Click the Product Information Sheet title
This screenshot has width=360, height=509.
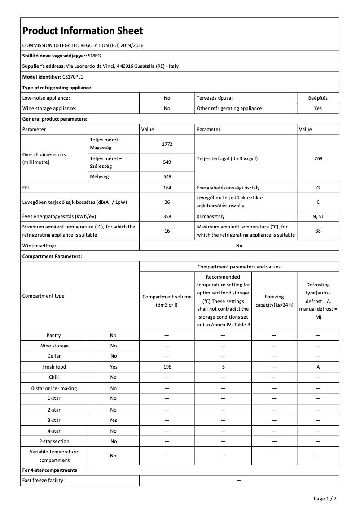[x=83, y=31]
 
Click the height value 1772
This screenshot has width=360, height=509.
[x=167, y=144]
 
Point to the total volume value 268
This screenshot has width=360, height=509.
[x=318, y=158]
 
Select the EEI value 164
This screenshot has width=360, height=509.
[x=167, y=188]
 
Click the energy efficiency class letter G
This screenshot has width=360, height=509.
[x=318, y=188]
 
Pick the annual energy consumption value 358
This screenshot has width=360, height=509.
[x=167, y=216]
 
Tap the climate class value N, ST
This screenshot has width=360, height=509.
[x=318, y=216]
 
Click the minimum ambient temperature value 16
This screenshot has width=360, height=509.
[x=167, y=231]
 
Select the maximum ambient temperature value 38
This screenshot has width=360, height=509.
[x=318, y=231]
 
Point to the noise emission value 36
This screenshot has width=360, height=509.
[x=167, y=202]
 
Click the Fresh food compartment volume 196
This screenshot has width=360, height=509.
[x=167, y=367]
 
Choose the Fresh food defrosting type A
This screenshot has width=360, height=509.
[x=318, y=367]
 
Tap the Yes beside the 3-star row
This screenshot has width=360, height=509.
[x=113, y=420]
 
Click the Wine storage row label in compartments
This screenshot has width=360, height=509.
[x=54, y=346]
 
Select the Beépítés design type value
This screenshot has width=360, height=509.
[x=318, y=97]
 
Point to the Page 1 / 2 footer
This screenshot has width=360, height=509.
[x=325, y=499]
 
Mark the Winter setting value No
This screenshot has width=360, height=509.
[x=239, y=246]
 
